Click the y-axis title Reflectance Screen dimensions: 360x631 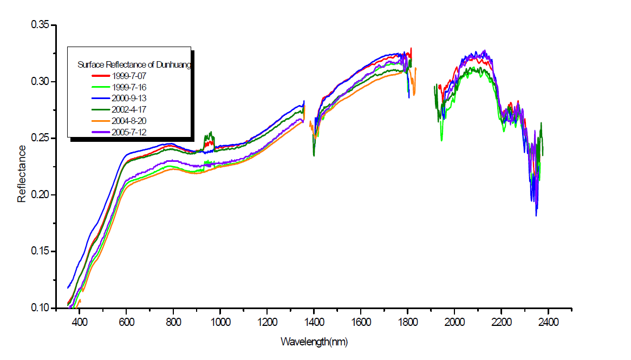(x=22, y=173)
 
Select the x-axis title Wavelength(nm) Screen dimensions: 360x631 (x=314, y=342)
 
